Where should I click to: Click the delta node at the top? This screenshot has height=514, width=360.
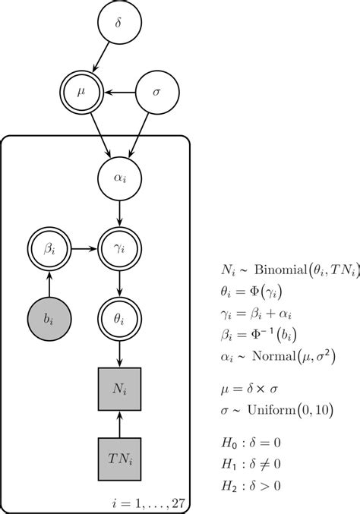coord(117,24)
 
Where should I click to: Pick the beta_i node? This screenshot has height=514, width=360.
coord(49,248)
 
